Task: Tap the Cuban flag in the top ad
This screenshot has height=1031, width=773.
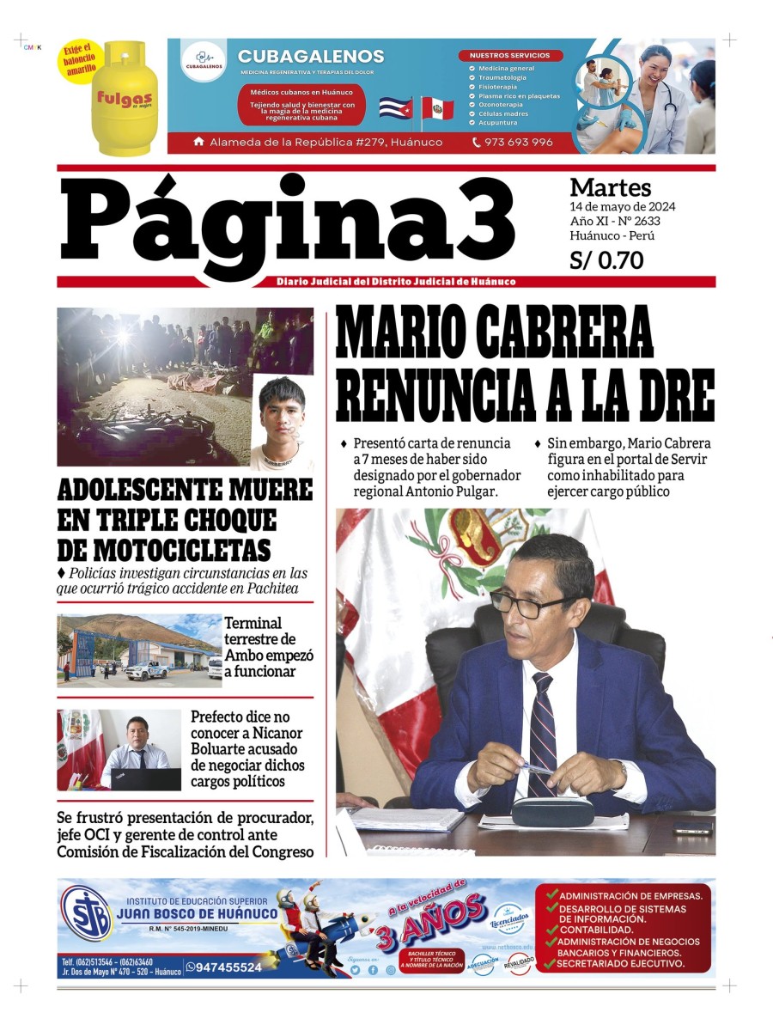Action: click(x=395, y=108)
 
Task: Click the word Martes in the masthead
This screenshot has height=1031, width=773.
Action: click(x=611, y=187)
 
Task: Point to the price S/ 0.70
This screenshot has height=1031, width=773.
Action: click(x=606, y=260)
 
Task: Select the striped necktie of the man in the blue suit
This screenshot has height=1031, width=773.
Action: click(x=543, y=730)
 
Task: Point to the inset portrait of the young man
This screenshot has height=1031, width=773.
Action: click(x=282, y=423)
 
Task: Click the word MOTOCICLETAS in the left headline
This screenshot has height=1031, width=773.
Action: click(x=164, y=550)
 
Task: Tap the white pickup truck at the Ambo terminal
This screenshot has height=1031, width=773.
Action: click(x=147, y=669)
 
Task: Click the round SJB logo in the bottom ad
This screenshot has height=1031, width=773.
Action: click(x=86, y=913)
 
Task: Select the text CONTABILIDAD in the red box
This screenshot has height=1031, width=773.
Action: click(x=597, y=930)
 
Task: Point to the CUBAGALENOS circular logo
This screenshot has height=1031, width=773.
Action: click(x=203, y=60)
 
